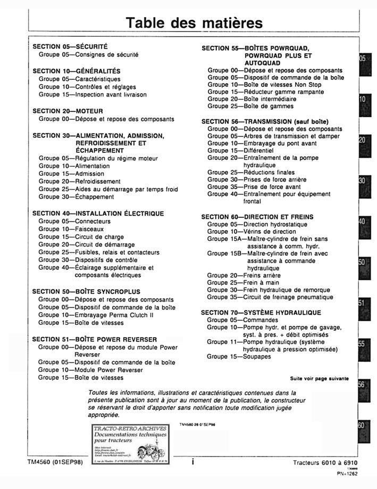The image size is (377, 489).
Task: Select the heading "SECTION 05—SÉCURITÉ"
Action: tap(70, 47)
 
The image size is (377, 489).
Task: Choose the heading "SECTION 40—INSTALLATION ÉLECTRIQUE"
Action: tap(98, 214)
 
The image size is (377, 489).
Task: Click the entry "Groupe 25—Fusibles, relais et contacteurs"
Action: tap(99, 252)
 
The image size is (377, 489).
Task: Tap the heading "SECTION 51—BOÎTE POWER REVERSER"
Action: tap(95, 339)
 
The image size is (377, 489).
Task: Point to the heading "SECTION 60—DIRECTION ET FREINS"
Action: tap(257, 217)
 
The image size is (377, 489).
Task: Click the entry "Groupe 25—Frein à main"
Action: tap(239, 283)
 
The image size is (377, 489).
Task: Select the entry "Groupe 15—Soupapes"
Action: tap(239, 356)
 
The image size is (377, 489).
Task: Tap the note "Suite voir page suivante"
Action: tap(319, 379)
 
